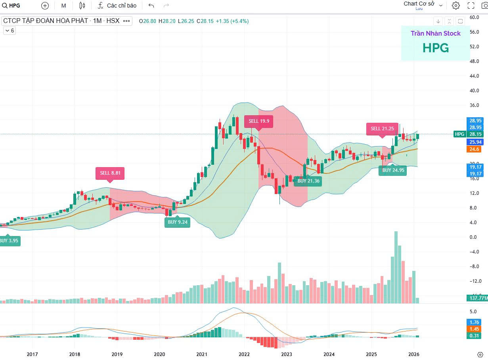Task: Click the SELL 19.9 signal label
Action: [x=259, y=121]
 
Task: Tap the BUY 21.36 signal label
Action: [x=308, y=181]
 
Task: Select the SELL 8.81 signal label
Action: [x=110, y=173]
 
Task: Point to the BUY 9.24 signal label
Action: [x=178, y=222]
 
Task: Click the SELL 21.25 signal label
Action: [x=382, y=129]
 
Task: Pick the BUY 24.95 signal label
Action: [x=393, y=170]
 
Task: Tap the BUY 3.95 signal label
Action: [x=9, y=241]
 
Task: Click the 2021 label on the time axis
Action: [x=202, y=354]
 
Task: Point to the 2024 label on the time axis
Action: [x=329, y=354]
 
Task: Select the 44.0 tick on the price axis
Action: [x=474, y=76]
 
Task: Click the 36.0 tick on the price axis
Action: [x=474, y=105]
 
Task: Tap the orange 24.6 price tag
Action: [x=474, y=149]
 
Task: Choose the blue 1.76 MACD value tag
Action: [x=474, y=322]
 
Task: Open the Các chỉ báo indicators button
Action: [x=117, y=6]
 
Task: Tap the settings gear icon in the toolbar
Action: [x=456, y=6]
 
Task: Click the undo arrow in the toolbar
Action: [x=151, y=6]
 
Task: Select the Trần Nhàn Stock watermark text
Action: [x=435, y=33]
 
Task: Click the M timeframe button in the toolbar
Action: [x=63, y=6]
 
